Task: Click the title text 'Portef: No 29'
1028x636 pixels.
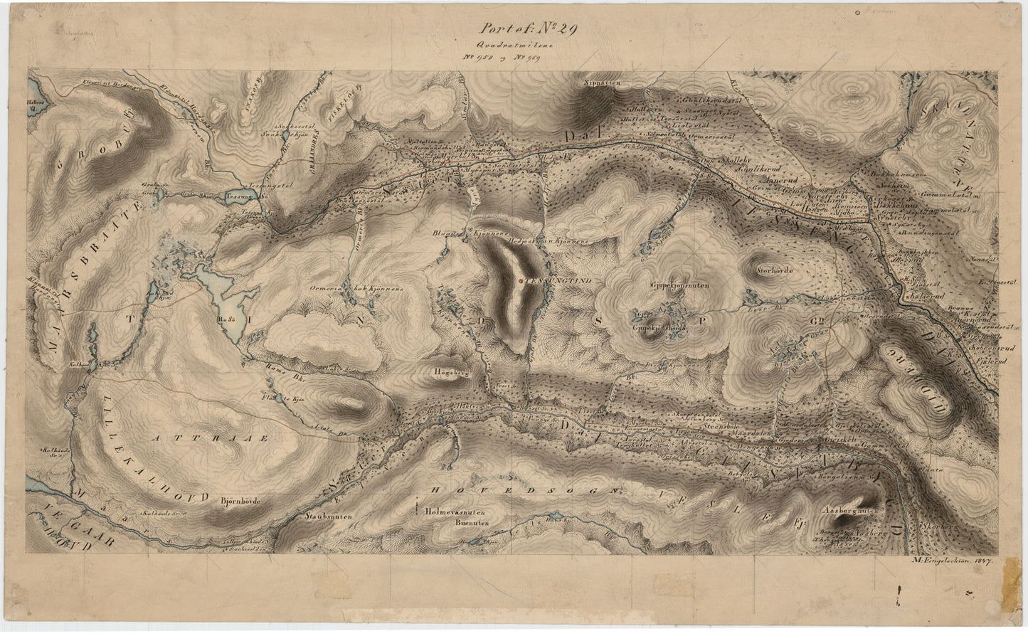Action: [529, 29]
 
